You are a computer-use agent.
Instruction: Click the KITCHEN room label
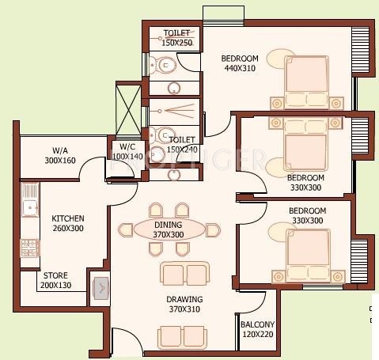coord(68,218)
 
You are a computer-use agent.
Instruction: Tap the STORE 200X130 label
coord(55,280)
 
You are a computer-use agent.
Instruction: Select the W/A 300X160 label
coord(59,155)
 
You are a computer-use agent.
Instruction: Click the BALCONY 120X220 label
coord(257,329)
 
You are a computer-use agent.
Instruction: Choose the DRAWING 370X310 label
coord(184,304)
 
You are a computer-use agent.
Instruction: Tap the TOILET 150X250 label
coord(176,37)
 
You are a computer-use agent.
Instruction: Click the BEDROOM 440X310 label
coord(239,63)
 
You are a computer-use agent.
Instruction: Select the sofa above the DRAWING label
coord(185,274)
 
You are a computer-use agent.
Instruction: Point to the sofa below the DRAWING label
coord(184,335)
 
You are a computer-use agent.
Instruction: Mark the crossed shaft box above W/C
coord(127,108)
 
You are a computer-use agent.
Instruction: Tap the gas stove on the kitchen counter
coord(28,248)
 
